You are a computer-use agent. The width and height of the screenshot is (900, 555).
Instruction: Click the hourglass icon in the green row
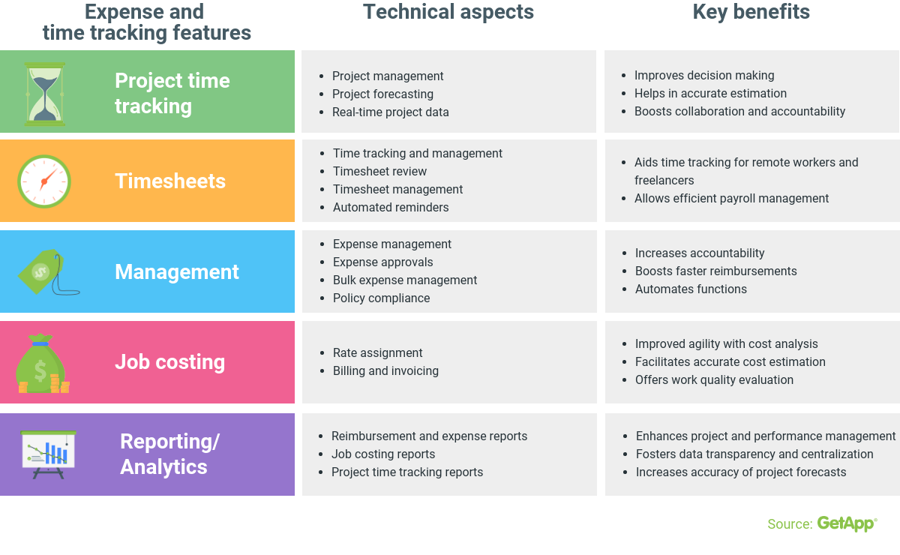tap(45, 94)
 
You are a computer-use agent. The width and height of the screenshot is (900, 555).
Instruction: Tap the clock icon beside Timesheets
tap(44, 181)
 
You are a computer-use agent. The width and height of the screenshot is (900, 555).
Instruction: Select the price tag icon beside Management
tap(47, 272)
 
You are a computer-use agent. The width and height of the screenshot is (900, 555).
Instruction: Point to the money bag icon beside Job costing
tap(42, 364)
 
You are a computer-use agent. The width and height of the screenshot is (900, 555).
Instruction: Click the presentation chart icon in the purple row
tap(49, 454)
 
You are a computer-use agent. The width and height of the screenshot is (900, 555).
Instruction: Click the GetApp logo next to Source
tap(847, 523)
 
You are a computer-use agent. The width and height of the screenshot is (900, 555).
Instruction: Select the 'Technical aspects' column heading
tap(448, 12)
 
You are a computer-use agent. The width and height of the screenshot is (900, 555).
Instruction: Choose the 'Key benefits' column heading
tap(751, 12)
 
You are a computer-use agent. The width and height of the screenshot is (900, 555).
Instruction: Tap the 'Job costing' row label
tap(169, 362)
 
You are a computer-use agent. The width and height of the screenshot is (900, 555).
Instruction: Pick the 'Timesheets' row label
tap(170, 181)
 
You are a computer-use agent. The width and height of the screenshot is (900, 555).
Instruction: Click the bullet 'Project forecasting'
tap(382, 94)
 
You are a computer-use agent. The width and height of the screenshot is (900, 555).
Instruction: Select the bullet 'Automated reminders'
tap(391, 208)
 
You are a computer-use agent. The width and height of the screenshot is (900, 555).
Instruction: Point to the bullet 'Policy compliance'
tap(381, 298)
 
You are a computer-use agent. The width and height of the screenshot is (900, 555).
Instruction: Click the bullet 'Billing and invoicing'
tap(385, 371)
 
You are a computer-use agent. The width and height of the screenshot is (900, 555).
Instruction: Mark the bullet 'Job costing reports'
tap(382, 454)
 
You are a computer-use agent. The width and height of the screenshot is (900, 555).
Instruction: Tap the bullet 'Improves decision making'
tap(704, 76)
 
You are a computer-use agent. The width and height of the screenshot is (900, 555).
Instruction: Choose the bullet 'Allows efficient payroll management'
tap(731, 199)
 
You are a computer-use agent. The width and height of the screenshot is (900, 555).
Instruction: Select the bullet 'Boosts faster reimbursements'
tap(715, 271)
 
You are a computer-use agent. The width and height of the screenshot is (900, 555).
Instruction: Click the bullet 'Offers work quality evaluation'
tap(714, 380)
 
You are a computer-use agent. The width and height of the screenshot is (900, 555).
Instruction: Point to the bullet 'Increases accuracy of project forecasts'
tap(740, 472)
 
